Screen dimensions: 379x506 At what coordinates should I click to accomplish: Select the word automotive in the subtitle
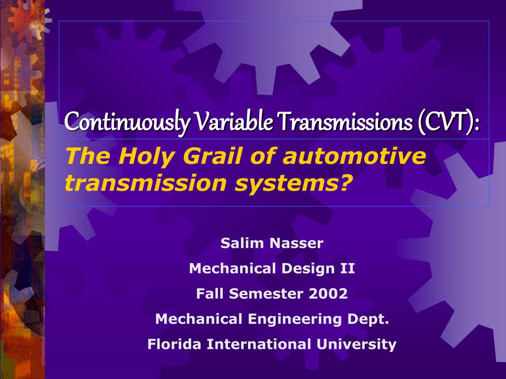354,157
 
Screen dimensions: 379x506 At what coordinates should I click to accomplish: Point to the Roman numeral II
347,268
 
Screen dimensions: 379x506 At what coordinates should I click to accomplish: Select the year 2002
329,294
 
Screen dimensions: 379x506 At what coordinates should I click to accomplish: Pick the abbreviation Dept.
368,319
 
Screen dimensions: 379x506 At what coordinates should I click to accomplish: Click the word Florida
174,344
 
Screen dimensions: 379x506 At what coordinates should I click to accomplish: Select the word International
258,344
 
